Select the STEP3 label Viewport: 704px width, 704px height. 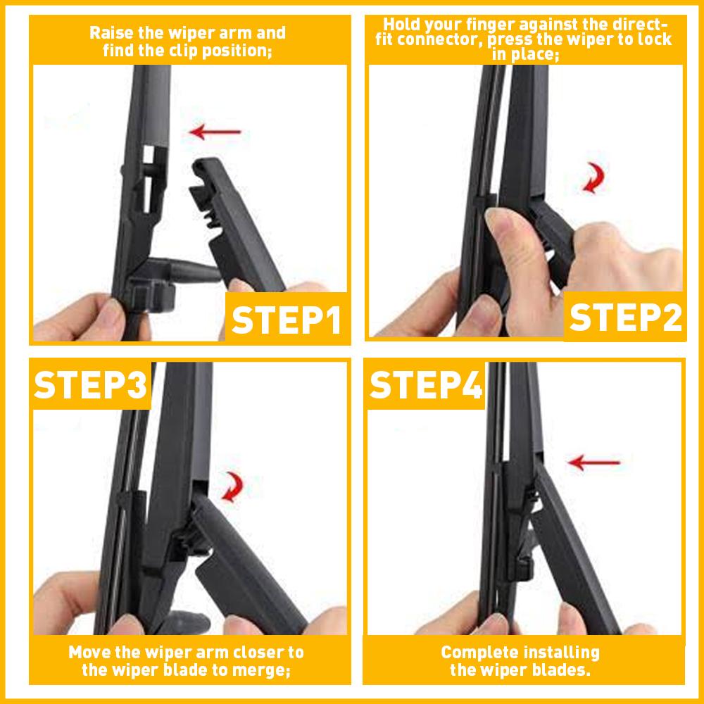pyautogui.click(x=91, y=386)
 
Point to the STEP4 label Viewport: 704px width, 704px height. pyautogui.click(x=426, y=386)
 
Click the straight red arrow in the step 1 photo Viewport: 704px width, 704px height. pyautogui.click(x=217, y=131)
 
